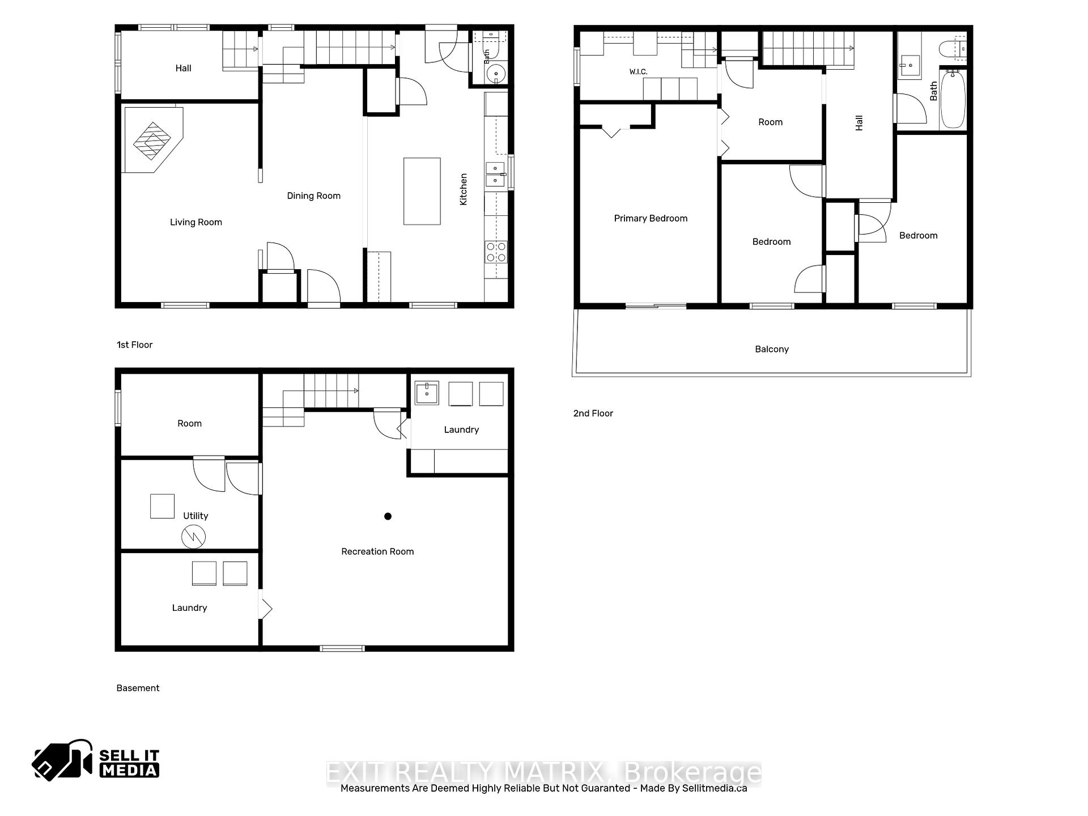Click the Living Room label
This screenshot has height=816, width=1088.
[x=196, y=222]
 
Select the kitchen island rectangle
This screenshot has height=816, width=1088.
[x=422, y=192]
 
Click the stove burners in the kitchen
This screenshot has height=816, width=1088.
[x=496, y=252]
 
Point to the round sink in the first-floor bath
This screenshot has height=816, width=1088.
[x=496, y=74]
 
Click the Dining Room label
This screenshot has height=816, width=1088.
[x=314, y=196]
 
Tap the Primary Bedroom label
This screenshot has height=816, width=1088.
[x=651, y=219]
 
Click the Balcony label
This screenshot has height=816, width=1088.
[x=772, y=349]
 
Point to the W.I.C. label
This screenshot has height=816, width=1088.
[x=638, y=72]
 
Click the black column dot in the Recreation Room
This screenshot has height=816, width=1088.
[x=388, y=516]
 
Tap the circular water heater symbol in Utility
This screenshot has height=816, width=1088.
[x=193, y=537]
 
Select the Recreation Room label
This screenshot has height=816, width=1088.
[x=377, y=552]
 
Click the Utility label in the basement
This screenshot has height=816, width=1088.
[x=195, y=516]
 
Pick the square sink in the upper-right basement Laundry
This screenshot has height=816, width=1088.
[x=427, y=393]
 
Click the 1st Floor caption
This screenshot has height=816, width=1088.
[x=135, y=345]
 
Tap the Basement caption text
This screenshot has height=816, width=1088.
[x=138, y=688]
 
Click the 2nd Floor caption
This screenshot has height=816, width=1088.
[x=593, y=414]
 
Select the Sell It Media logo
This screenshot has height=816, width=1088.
[x=96, y=760]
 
